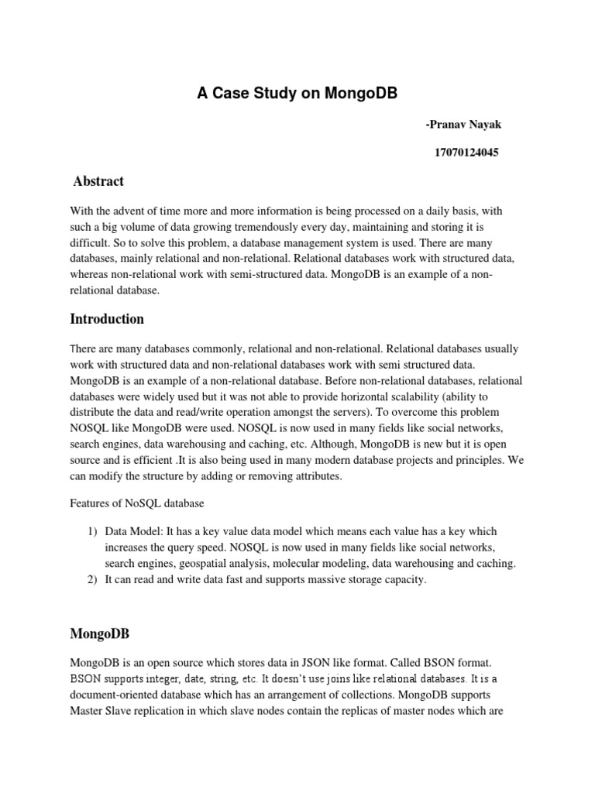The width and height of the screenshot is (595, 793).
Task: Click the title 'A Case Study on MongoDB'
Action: pyautogui.click(x=297, y=94)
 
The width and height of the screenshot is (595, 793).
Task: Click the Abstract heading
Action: pyautogui.click(x=98, y=181)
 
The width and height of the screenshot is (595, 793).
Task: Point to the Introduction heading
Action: pyautogui.click(x=107, y=318)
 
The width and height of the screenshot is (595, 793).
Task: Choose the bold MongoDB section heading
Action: pyautogui.click(x=99, y=633)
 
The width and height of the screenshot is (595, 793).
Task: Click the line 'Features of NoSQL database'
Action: pyautogui.click(x=137, y=503)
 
